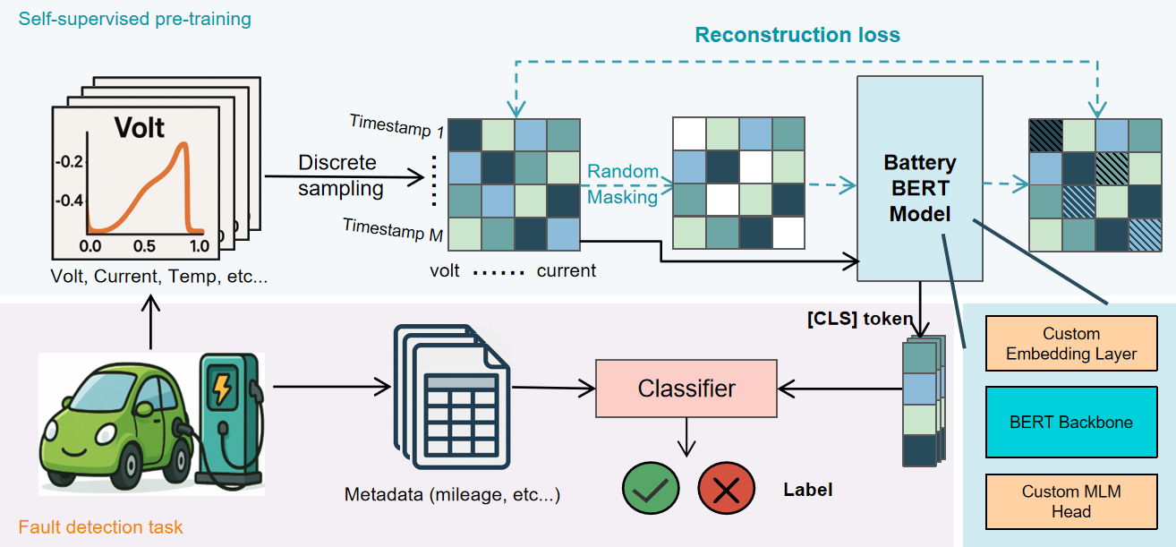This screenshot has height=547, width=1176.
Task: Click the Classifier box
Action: pos(686,389)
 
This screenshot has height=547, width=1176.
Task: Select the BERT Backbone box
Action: pos(1071,422)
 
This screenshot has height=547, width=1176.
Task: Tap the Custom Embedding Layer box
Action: pos(1071,343)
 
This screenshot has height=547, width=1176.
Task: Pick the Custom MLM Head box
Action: pos(1071,501)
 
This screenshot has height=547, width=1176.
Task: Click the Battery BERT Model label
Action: pos(920,188)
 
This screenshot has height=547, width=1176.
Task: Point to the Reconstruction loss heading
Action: pos(797,35)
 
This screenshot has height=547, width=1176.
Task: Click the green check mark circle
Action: pos(651,488)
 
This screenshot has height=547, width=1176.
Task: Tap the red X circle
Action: pos(726,488)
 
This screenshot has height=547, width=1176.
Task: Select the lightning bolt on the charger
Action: pos(222,387)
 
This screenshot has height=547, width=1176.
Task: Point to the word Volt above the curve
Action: pos(139,127)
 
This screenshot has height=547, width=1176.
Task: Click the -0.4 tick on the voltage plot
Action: pos(69,201)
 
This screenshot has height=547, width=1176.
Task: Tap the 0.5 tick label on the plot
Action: pos(144,246)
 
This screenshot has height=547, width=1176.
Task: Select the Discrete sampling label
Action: pos(340,175)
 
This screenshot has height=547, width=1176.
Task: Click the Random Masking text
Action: pos(623,184)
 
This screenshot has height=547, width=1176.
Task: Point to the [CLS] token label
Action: pos(860,319)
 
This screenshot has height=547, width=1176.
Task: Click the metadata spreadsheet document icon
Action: pos(452,397)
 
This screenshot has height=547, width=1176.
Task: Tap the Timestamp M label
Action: pos(393,230)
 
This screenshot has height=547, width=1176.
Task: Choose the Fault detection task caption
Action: pos(100,527)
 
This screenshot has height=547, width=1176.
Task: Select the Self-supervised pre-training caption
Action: pos(135,19)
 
